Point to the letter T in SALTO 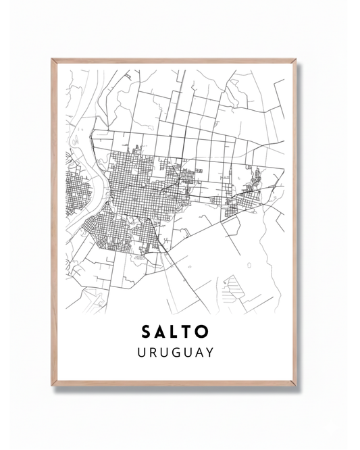pos(190,332)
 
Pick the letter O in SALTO pos(205,332)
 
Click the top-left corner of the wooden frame pos(53,60)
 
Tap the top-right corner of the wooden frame pos(295,60)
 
